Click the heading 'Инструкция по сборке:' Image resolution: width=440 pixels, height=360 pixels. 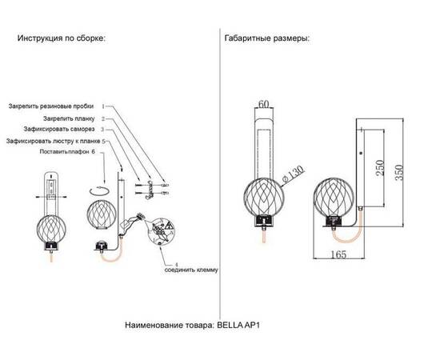tap(61, 38)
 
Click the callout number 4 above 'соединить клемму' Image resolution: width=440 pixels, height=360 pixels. tap(166, 262)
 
